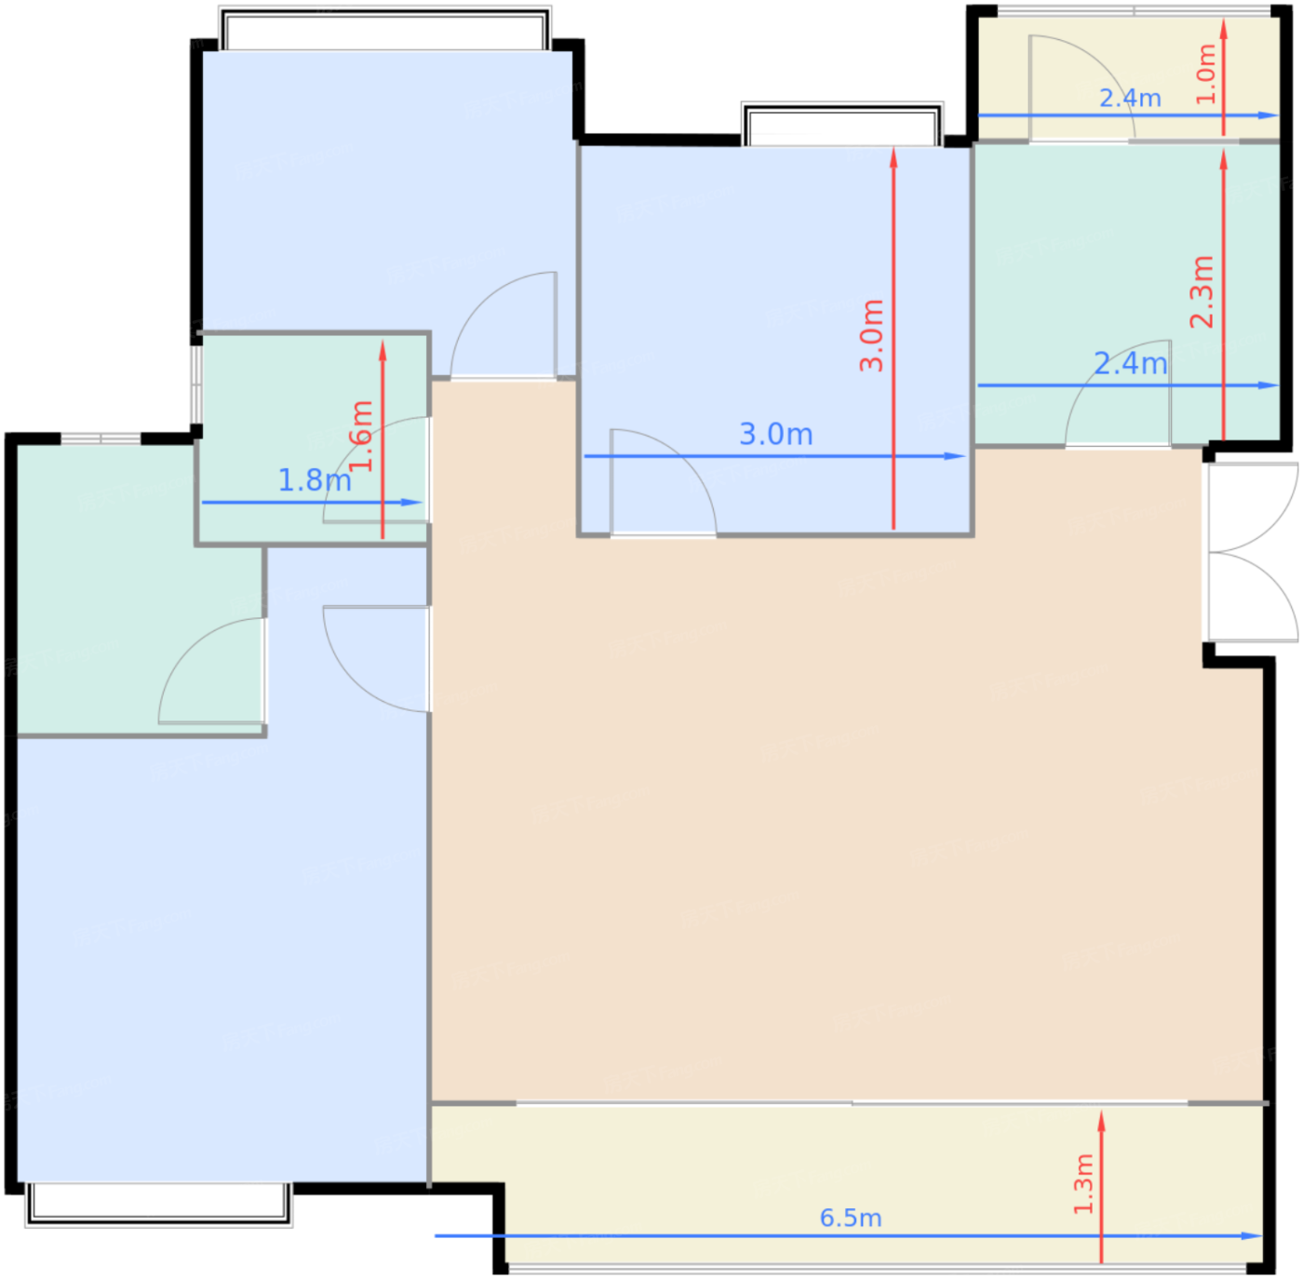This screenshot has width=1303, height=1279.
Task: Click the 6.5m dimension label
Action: pyautogui.click(x=850, y=1218)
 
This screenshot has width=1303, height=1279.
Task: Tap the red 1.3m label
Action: pyautogui.click(x=1082, y=1184)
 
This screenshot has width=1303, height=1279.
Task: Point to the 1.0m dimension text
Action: pyautogui.click(x=1205, y=74)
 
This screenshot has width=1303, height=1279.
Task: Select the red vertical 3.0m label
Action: pyautogui.click(x=871, y=335)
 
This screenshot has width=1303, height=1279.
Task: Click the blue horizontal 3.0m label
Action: pyautogui.click(x=775, y=434)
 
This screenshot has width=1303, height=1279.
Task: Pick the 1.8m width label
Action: pyautogui.click(x=315, y=480)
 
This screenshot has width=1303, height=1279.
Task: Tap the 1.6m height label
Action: pyautogui.click(x=361, y=436)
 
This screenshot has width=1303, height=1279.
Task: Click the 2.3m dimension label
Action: pyautogui.click(x=1202, y=291)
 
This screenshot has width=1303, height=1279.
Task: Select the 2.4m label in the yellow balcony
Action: pyautogui.click(x=1130, y=99)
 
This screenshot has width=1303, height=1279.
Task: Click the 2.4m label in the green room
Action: pyautogui.click(x=1131, y=364)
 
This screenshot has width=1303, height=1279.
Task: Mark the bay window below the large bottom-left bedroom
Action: pyautogui.click(x=159, y=1205)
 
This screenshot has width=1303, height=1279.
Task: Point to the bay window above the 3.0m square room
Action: pyautogui.click(x=842, y=124)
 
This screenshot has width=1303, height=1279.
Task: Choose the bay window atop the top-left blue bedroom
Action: pyautogui.click(x=384, y=28)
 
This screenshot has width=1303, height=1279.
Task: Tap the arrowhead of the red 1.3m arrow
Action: pyautogui.click(x=1101, y=1121)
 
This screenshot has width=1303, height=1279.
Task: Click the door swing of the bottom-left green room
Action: pyautogui.click(x=211, y=670)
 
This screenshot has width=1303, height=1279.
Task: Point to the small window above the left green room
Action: pyautogui.click(x=101, y=439)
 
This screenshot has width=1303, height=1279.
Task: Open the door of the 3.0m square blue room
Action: pyautogui.click(x=664, y=482)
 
